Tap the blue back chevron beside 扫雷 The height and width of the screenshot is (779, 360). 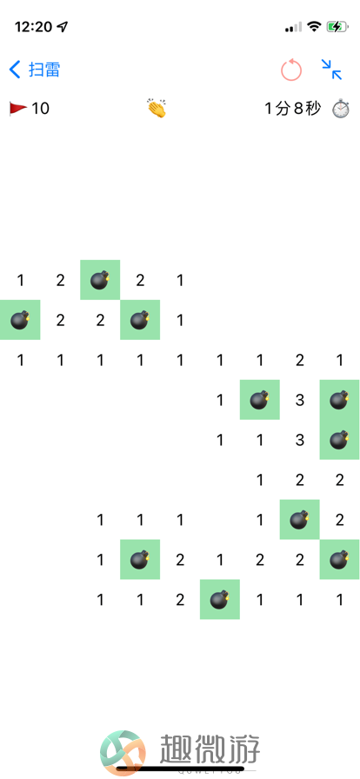(x=15, y=70)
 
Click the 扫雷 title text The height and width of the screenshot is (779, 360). (x=44, y=70)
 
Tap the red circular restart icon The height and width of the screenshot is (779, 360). (x=291, y=70)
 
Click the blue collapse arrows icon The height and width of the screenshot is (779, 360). (x=331, y=70)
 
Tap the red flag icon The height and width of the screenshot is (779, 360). (x=18, y=109)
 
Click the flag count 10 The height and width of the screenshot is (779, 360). (x=40, y=109)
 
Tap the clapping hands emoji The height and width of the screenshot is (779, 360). (x=157, y=109)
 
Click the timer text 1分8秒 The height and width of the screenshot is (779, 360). (x=293, y=109)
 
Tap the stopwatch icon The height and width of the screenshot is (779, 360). (x=341, y=109)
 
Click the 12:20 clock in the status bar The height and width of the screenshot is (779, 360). (x=34, y=27)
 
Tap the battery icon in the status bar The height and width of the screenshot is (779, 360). (x=337, y=27)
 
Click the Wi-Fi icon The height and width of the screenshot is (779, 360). (x=314, y=26)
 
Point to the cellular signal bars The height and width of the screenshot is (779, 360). (x=293, y=27)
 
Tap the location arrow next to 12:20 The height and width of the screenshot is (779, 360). (x=63, y=27)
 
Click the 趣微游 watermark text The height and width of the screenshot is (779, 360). (x=210, y=749)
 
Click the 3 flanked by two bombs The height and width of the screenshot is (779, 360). (x=299, y=400)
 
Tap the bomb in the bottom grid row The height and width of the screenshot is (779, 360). (x=220, y=600)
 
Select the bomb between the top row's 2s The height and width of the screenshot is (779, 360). (x=100, y=280)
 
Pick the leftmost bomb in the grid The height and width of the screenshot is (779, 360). (x=20, y=320)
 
